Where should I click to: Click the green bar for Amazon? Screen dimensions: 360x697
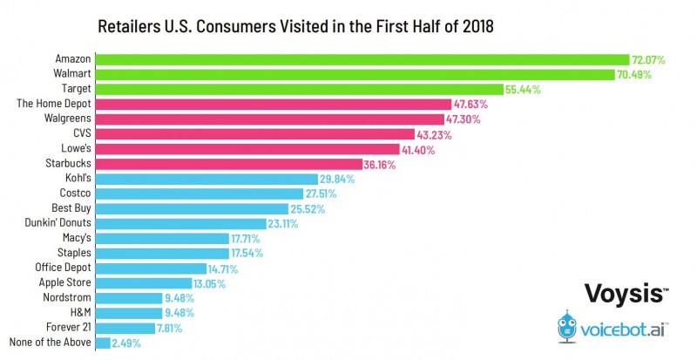pyautogui.click(x=362, y=59)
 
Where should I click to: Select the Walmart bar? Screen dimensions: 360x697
pyautogui.click(x=358, y=74)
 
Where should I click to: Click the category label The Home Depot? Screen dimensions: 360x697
pyautogui.click(x=54, y=104)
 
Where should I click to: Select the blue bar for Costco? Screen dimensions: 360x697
pyautogui.click(x=190, y=194)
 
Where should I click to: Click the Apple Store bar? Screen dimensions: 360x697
pyautogui.click(x=144, y=283)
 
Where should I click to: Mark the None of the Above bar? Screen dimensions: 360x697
pyautogui.click(x=103, y=343)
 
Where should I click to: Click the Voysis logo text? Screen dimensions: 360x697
pyautogui.click(x=621, y=294)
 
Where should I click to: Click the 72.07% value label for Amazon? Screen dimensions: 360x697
pyautogui.click(x=650, y=59)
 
